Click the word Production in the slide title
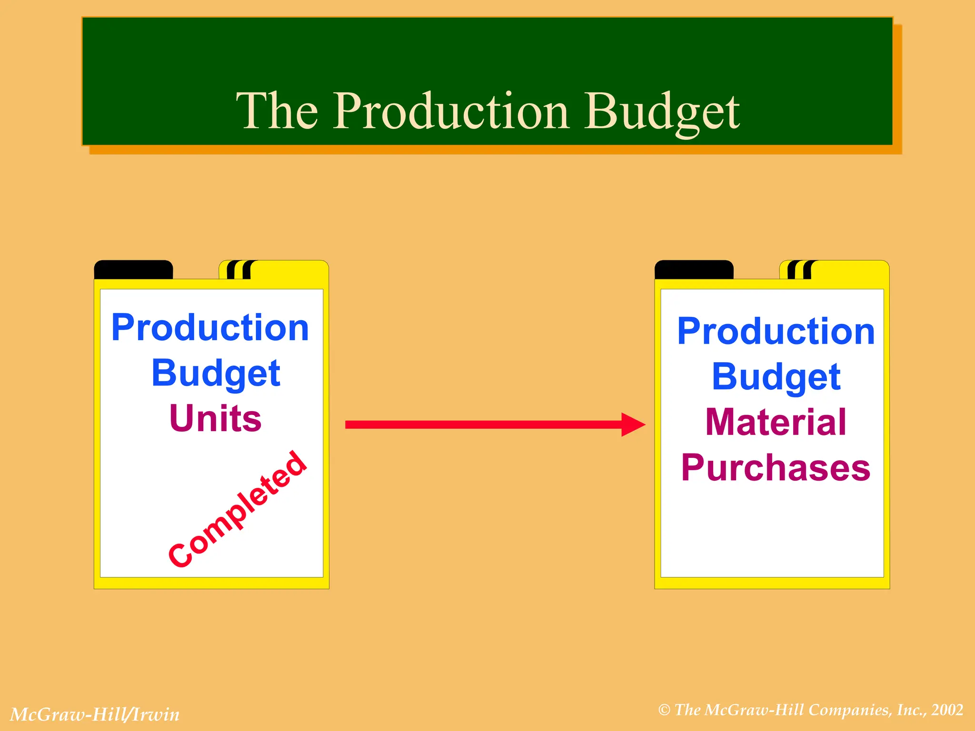[x=450, y=111]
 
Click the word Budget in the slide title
[x=662, y=112]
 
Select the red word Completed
[x=238, y=509]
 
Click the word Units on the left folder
[x=215, y=418]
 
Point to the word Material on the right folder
[x=776, y=422]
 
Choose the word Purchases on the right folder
[x=776, y=468]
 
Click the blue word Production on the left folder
[x=210, y=328]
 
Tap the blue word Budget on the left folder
[x=216, y=374]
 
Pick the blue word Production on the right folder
[x=776, y=331]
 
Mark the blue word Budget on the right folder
[x=776, y=377]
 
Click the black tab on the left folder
[x=133, y=270]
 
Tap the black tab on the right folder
[x=694, y=270]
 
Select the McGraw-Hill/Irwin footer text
[x=95, y=714]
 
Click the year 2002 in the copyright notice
[x=947, y=710]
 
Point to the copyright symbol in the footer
[x=664, y=710]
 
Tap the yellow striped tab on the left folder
[x=274, y=270]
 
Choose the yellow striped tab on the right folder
[x=834, y=270]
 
